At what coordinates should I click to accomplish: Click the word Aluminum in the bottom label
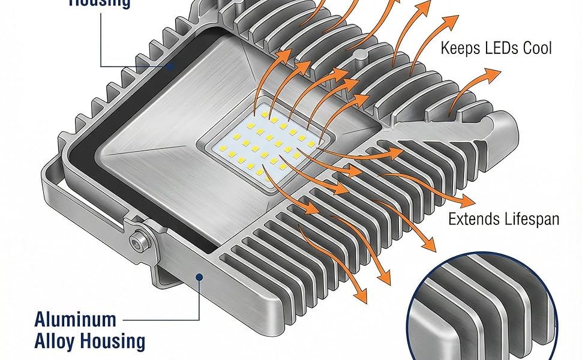click(x=75, y=319)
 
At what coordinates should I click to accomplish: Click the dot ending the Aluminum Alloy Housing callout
click(x=199, y=276)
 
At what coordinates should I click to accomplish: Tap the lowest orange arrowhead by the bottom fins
click(x=361, y=295)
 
